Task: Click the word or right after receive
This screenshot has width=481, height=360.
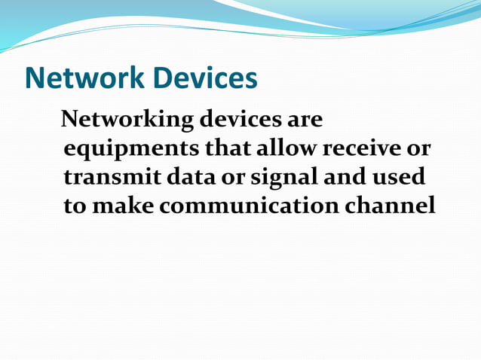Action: pos(419,149)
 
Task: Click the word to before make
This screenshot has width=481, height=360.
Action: pos(75,206)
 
